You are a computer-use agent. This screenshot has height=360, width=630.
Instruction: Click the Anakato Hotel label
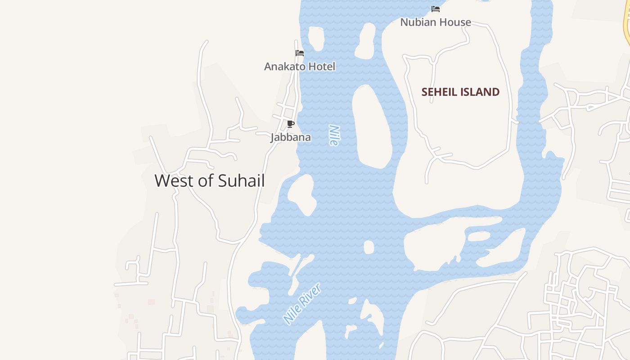(x=300, y=67)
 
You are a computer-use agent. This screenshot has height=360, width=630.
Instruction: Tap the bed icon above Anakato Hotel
(x=300, y=53)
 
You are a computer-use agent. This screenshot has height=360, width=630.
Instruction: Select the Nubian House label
(x=436, y=22)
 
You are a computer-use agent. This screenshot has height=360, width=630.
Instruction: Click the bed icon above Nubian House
(x=436, y=9)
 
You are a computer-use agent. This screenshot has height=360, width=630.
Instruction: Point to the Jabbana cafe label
(x=291, y=137)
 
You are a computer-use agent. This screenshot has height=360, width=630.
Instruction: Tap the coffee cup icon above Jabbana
(x=291, y=124)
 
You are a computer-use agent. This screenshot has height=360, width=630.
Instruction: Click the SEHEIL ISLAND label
(x=460, y=92)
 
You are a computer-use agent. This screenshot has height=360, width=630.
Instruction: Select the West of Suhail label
(x=210, y=181)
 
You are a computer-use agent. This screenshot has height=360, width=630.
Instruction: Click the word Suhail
(x=241, y=181)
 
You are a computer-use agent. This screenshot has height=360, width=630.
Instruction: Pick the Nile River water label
(x=302, y=303)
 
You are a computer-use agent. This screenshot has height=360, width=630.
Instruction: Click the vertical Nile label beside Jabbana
(x=333, y=135)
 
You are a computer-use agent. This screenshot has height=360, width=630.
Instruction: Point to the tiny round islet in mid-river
(x=369, y=247)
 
